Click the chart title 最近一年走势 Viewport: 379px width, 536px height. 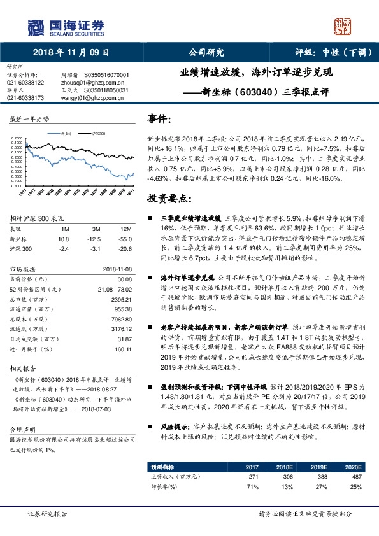tap(29, 119)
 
